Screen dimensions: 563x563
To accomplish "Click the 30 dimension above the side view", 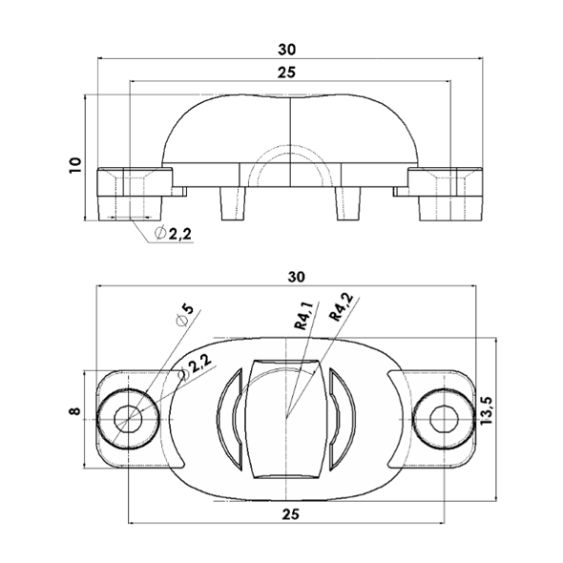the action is click(287, 50).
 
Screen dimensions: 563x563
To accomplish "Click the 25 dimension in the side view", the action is click(287, 73).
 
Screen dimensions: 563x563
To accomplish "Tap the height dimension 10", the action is click(75, 165).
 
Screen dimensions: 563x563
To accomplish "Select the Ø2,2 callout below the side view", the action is click(173, 234).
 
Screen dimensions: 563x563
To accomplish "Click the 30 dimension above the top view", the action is click(297, 277).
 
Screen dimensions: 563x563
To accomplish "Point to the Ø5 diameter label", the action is click(185, 315).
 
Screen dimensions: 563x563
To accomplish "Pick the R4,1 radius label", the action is click(303, 316).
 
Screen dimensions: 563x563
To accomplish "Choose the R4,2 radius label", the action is click(341, 307).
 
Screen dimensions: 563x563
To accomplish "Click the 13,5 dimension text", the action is click(488, 410).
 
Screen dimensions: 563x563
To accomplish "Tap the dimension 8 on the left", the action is click(75, 411).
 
